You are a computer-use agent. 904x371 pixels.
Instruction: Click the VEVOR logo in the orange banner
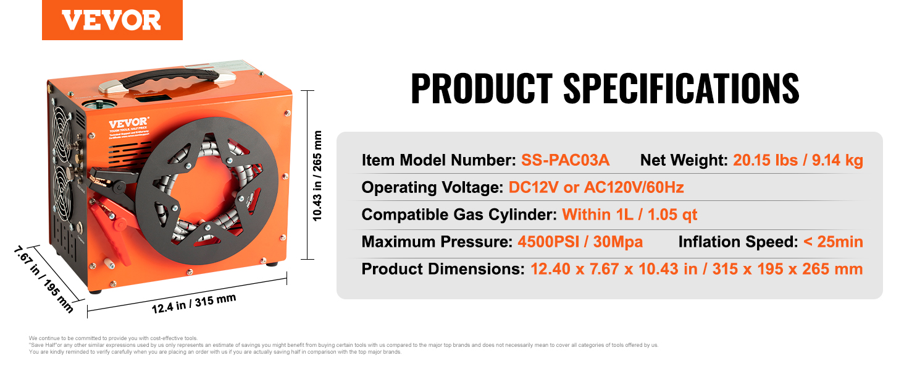111,20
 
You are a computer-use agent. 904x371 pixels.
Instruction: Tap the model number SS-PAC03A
565,161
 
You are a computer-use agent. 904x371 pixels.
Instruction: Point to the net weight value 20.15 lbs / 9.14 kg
798,161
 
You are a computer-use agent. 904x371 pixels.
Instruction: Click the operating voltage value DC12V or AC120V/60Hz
596,187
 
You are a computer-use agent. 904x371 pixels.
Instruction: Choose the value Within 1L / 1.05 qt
629,215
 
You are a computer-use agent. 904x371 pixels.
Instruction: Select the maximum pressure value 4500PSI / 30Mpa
580,242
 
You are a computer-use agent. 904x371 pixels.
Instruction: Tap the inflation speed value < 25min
833,242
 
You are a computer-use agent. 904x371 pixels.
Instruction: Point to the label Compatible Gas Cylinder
459,215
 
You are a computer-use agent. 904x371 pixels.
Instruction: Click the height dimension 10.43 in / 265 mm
318,176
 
